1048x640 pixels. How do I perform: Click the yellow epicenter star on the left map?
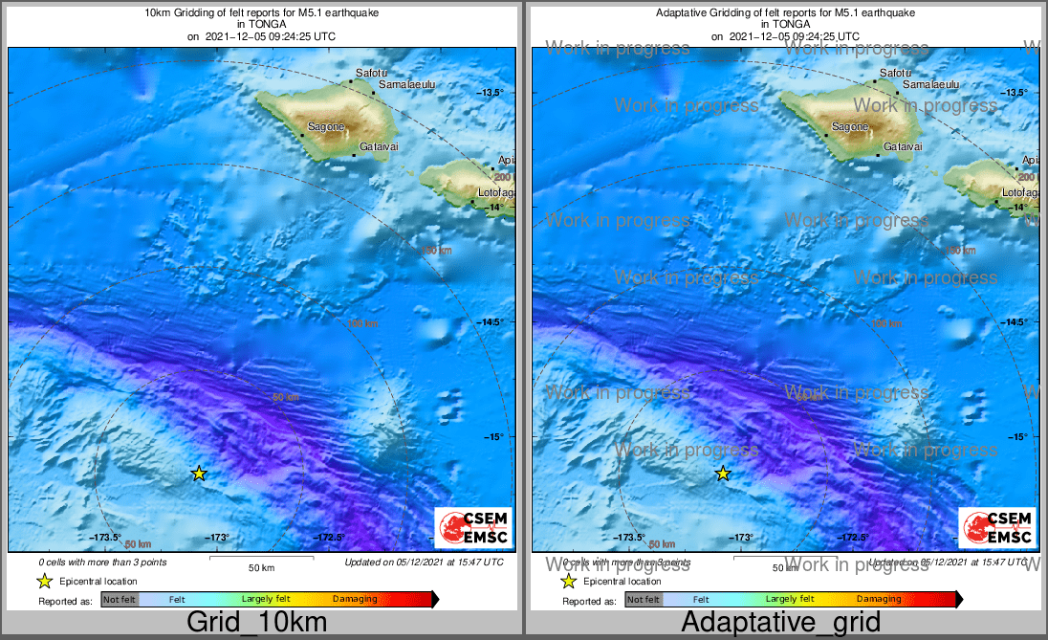tap(199, 473)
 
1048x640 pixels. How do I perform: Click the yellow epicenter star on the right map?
tap(723, 473)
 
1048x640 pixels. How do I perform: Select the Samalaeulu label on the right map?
tap(930, 85)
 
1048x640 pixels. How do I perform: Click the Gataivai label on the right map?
tap(902, 146)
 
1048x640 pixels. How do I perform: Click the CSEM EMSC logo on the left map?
tap(473, 527)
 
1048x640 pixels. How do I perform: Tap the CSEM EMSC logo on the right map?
tap(997, 527)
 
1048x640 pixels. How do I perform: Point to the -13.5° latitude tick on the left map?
tap(491, 92)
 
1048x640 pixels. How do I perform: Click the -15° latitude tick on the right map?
tap(1015, 437)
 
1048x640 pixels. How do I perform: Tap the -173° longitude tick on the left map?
tap(219, 538)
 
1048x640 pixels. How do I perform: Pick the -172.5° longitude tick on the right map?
tap(852, 538)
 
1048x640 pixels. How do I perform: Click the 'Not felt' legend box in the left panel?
tap(120, 600)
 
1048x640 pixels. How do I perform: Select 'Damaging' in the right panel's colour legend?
tap(879, 600)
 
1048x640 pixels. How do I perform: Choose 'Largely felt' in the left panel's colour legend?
tap(261, 600)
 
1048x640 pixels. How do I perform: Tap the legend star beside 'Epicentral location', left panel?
tap(44, 581)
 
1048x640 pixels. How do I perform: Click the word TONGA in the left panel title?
tap(261, 25)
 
